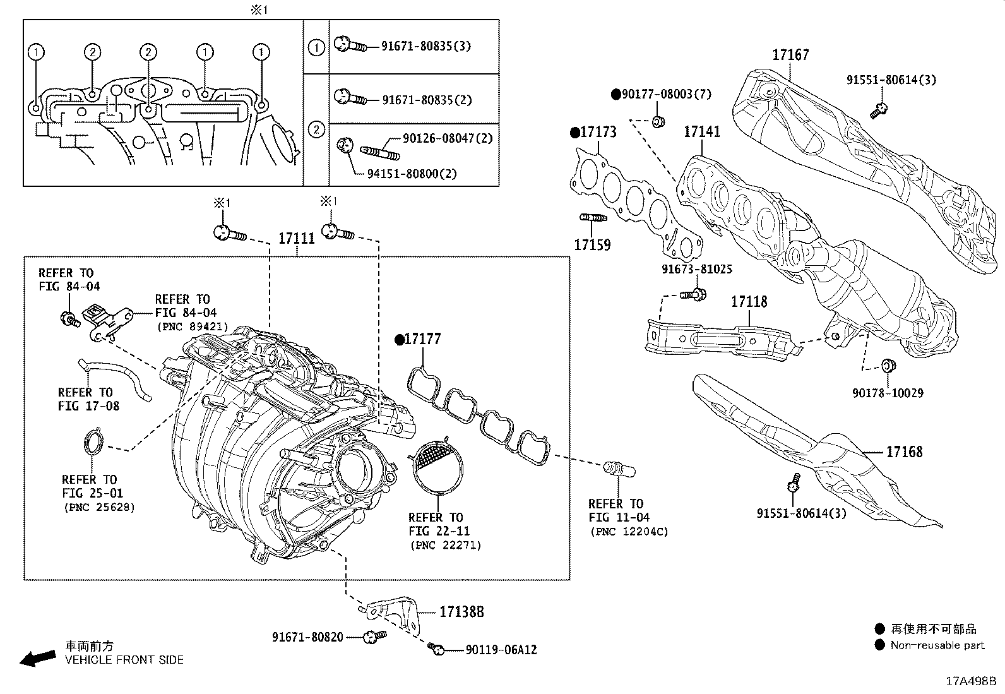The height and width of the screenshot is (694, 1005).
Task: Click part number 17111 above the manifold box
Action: [x=296, y=239]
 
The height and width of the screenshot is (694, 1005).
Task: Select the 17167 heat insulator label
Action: [x=790, y=56]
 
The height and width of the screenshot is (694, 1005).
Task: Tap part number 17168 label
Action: [x=904, y=452]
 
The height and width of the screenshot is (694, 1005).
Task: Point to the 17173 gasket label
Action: [x=598, y=133]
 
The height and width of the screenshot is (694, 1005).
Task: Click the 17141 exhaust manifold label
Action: [x=702, y=133]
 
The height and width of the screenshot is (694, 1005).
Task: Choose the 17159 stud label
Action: [x=592, y=245]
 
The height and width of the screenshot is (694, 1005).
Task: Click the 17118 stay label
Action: [x=749, y=302]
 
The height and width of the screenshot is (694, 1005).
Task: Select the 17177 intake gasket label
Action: [x=422, y=340]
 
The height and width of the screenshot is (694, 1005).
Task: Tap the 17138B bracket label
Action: [x=461, y=612]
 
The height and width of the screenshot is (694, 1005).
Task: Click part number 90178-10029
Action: [x=887, y=393]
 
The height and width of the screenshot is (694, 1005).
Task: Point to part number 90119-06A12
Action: [x=501, y=650]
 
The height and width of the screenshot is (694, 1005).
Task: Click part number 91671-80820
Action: [x=307, y=637]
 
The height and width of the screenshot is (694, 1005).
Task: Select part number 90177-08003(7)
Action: [x=666, y=95]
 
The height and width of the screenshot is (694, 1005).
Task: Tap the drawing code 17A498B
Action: [x=970, y=681]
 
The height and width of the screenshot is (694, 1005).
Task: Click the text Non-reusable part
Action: [x=937, y=645]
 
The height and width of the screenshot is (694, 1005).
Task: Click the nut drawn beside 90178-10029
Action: [x=888, y=365]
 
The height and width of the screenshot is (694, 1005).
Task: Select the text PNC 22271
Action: [x=445, y=545]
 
